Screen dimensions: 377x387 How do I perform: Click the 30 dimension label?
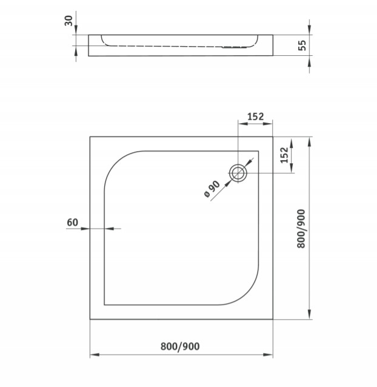pyautogui.click(x=68, y=21)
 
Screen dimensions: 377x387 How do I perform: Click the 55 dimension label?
pyautogui.click(x=302, y=45)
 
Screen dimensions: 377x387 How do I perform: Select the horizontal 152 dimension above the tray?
pyautogui.click(x=255, y=116)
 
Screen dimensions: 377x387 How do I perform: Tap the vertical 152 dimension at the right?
pyautogui.click(x=284, y=155)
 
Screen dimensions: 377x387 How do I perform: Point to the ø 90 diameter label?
pyautogui.click(x=212, y=189)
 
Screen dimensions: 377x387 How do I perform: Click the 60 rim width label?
pyautogui.click(x=73, y=223)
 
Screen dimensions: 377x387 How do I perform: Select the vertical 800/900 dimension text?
pyautogui.click(x=301, y=229)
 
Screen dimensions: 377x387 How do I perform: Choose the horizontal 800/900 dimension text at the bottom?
pyautogui.click(x=180, y=346)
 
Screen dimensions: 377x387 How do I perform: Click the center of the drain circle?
pyautogui.click(x=238, y=173)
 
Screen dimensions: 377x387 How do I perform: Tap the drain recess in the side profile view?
pyautogui.click(x=234, y=47)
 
